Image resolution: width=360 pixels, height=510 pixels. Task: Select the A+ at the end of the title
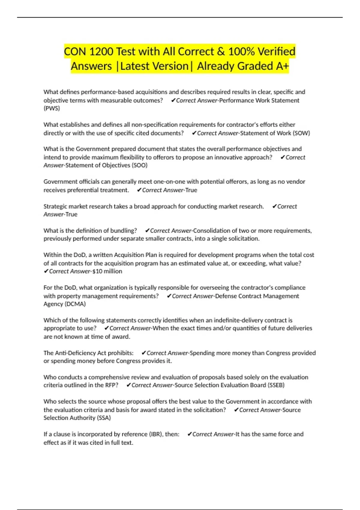click(x=282, y=66)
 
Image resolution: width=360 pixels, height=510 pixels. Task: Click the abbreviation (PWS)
click(x=52, y=108)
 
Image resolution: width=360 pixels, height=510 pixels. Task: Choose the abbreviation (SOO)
click(x=139, y=165)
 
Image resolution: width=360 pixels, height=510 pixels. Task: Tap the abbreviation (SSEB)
click(x=276, y=385)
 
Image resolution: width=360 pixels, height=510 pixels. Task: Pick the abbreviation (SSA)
click(x=104, y=418)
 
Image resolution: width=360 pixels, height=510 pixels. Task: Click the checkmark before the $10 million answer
click(x=46, y=271)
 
